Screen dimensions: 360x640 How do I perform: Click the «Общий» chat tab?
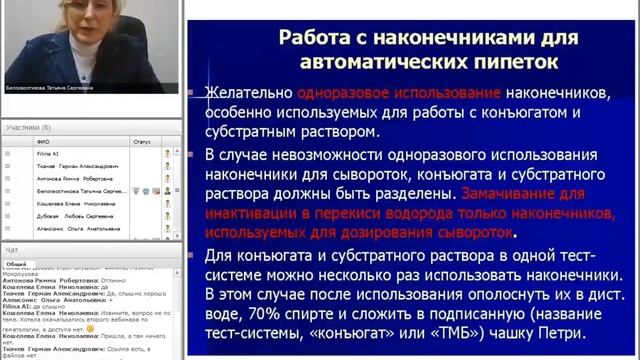(16, 264)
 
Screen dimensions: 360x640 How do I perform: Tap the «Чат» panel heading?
(11, 249)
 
